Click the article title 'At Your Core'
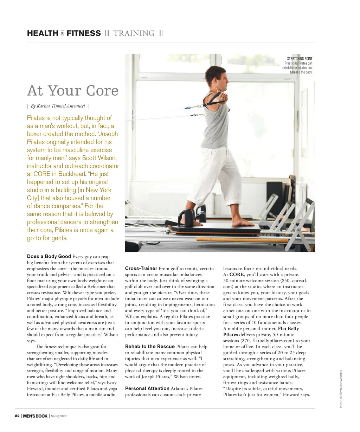point(73,91)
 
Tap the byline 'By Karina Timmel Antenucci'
point(58,106)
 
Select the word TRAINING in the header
point(134,33)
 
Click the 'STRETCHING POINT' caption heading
point(300,59)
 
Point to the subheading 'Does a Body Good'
point(49,256)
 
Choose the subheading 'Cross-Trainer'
point(141,269)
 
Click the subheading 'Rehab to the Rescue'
point(150,347)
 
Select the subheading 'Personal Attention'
point(147,388)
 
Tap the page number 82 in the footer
point(17,416)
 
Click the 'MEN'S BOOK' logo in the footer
point(35,416)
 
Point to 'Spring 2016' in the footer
point(59,416)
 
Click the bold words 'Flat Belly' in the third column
point(288,329)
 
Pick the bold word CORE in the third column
point(237,275)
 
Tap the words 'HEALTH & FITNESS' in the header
point(64,33)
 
